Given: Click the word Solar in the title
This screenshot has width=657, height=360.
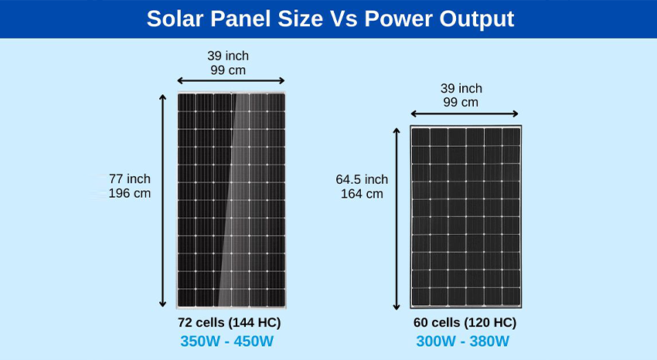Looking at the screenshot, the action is coord(175,19).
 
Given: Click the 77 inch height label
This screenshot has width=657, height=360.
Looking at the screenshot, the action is coord(130,178).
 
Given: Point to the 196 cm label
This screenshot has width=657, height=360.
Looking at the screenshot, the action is coord(130,193).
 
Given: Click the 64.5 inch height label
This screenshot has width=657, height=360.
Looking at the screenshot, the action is coord(362,179).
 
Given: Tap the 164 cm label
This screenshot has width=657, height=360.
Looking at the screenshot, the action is coord(362,194).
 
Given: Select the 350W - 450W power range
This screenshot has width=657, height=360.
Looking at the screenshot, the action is coord(226,341).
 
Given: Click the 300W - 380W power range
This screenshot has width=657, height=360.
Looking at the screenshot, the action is coord(462,341).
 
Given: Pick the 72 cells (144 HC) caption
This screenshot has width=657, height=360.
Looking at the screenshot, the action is coord(230,323).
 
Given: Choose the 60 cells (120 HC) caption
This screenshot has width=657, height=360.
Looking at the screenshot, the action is coord(465,323).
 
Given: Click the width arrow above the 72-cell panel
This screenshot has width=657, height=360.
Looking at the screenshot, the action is coord(231,81).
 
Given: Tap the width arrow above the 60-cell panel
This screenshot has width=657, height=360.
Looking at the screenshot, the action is coord(465,114).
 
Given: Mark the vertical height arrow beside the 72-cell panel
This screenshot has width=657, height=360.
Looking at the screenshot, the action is coord(162,201).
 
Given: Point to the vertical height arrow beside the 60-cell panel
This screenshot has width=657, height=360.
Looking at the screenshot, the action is coord(397,219).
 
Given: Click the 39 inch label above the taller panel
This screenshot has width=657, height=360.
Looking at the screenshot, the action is coord(228,56).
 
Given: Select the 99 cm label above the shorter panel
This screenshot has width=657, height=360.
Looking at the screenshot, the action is coord(461,102).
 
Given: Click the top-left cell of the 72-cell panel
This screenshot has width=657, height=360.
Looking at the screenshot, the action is coord(187,103).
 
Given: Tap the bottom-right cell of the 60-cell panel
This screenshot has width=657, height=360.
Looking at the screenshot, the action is coord(511,297).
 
